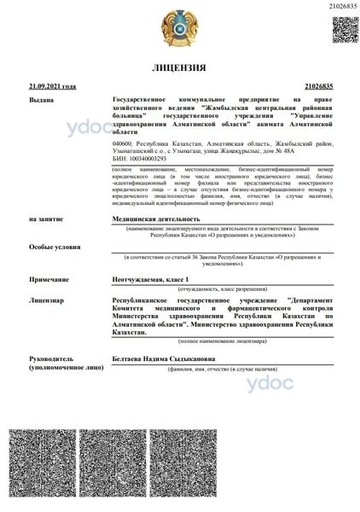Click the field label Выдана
[x=41, y=101]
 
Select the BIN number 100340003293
[x=141, y=160]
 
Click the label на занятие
[x=46, y=219]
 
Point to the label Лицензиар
[x=46, y=301]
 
